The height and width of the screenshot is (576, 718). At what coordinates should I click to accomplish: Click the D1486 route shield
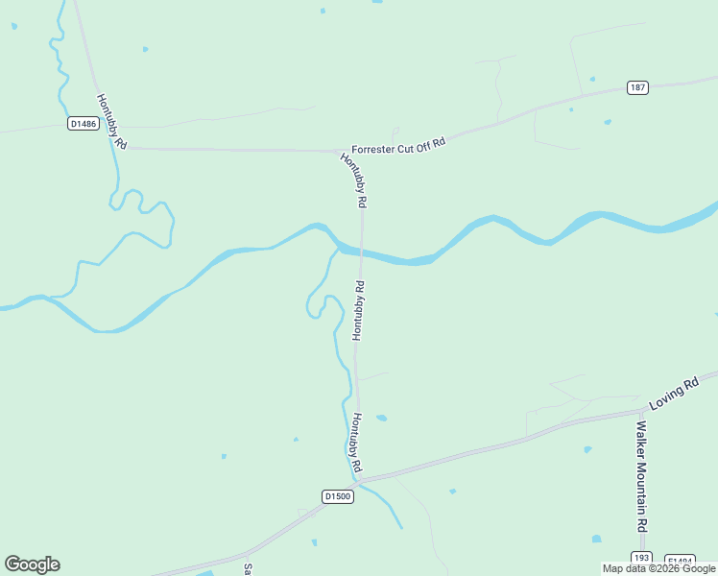(84, 124)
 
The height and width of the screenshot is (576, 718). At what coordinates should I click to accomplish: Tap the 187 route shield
(638, 87)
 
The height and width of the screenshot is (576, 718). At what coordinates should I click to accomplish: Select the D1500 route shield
(338, 496)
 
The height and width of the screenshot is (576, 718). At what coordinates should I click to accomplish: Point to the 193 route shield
(641, 558)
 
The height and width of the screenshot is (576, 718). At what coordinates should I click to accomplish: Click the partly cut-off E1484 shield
(680, 562)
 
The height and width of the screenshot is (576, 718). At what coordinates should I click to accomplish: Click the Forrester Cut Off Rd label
(399, 146)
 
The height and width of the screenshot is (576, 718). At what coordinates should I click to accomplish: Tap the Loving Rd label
(675, 389)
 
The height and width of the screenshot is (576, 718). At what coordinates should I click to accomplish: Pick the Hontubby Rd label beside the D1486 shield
(111, 120)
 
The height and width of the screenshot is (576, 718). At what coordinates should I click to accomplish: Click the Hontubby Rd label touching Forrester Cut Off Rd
(354, 180)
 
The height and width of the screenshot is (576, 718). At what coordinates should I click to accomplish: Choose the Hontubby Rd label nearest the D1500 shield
(355, 442)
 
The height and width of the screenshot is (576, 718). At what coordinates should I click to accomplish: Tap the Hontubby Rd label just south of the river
(359, 310)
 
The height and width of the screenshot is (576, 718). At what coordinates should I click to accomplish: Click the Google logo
(32, 564)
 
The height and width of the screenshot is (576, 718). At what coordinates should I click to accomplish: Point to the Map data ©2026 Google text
(658, 568)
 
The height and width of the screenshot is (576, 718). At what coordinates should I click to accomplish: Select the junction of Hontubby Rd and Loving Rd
(358, 479)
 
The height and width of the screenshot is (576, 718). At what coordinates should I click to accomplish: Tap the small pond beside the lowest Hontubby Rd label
(381, 418)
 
